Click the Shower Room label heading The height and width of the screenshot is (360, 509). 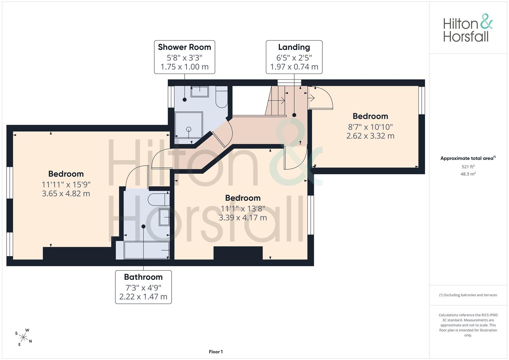185,47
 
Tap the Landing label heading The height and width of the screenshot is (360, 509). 294,47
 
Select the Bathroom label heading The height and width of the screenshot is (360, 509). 143,277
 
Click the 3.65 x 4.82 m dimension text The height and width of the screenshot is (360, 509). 66,194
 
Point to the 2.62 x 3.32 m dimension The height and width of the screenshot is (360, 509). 370,136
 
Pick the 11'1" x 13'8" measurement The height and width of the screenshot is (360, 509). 243,209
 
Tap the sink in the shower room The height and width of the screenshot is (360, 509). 200,92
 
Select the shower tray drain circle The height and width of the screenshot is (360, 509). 189,129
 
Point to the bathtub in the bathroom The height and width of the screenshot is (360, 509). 147,250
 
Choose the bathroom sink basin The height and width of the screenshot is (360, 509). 164,217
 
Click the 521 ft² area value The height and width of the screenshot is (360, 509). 468,167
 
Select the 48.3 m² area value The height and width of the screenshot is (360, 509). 468,174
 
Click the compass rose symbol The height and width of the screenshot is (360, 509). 23,337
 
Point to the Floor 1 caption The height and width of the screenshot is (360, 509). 216,352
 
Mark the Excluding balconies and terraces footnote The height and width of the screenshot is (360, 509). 468,295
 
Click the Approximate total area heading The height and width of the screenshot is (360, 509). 468,158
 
